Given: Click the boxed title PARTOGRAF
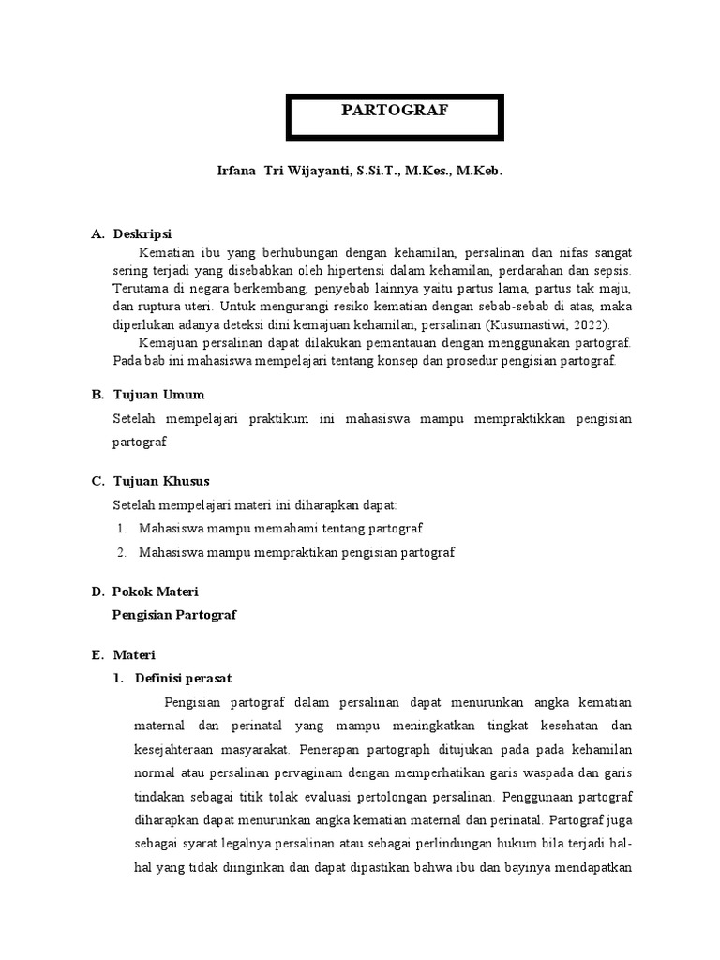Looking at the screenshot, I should (x=394, y=111).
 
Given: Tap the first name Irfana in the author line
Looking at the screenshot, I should (x=237, y=173).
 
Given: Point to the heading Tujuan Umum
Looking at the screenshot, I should (x=158, y=395).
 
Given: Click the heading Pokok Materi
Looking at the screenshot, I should (x=155, y=592).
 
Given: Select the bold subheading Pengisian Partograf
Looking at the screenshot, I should (x=174, y=615).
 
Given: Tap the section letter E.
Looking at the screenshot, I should (x=97, y=654).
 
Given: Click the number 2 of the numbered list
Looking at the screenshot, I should (x=122, y=552).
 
